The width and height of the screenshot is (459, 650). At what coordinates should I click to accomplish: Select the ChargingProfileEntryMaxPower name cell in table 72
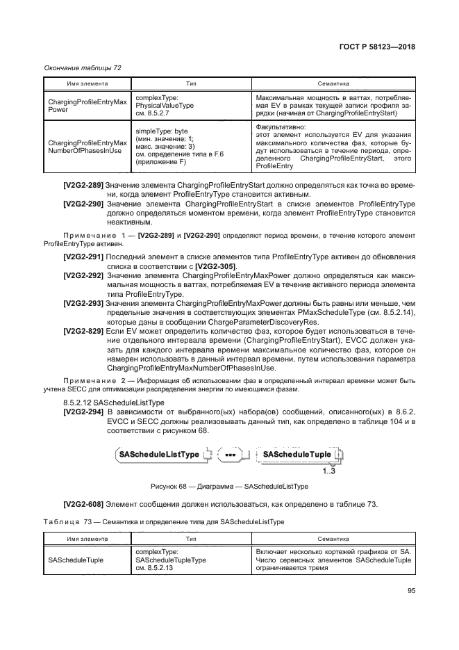[87, 106]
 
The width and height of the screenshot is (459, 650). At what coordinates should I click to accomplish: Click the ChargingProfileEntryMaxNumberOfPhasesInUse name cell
[87, 145]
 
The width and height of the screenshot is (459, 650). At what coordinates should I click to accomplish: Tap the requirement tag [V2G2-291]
[83, 257]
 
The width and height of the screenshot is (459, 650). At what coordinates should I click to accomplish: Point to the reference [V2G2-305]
[215, 266]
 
